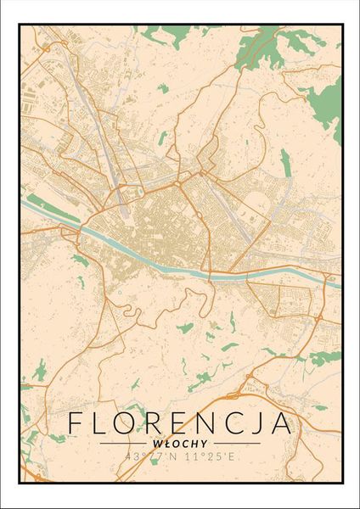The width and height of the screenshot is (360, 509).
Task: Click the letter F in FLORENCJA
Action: [x=76, y=423]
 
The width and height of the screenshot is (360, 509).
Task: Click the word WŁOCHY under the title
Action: [x=179, y=442]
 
